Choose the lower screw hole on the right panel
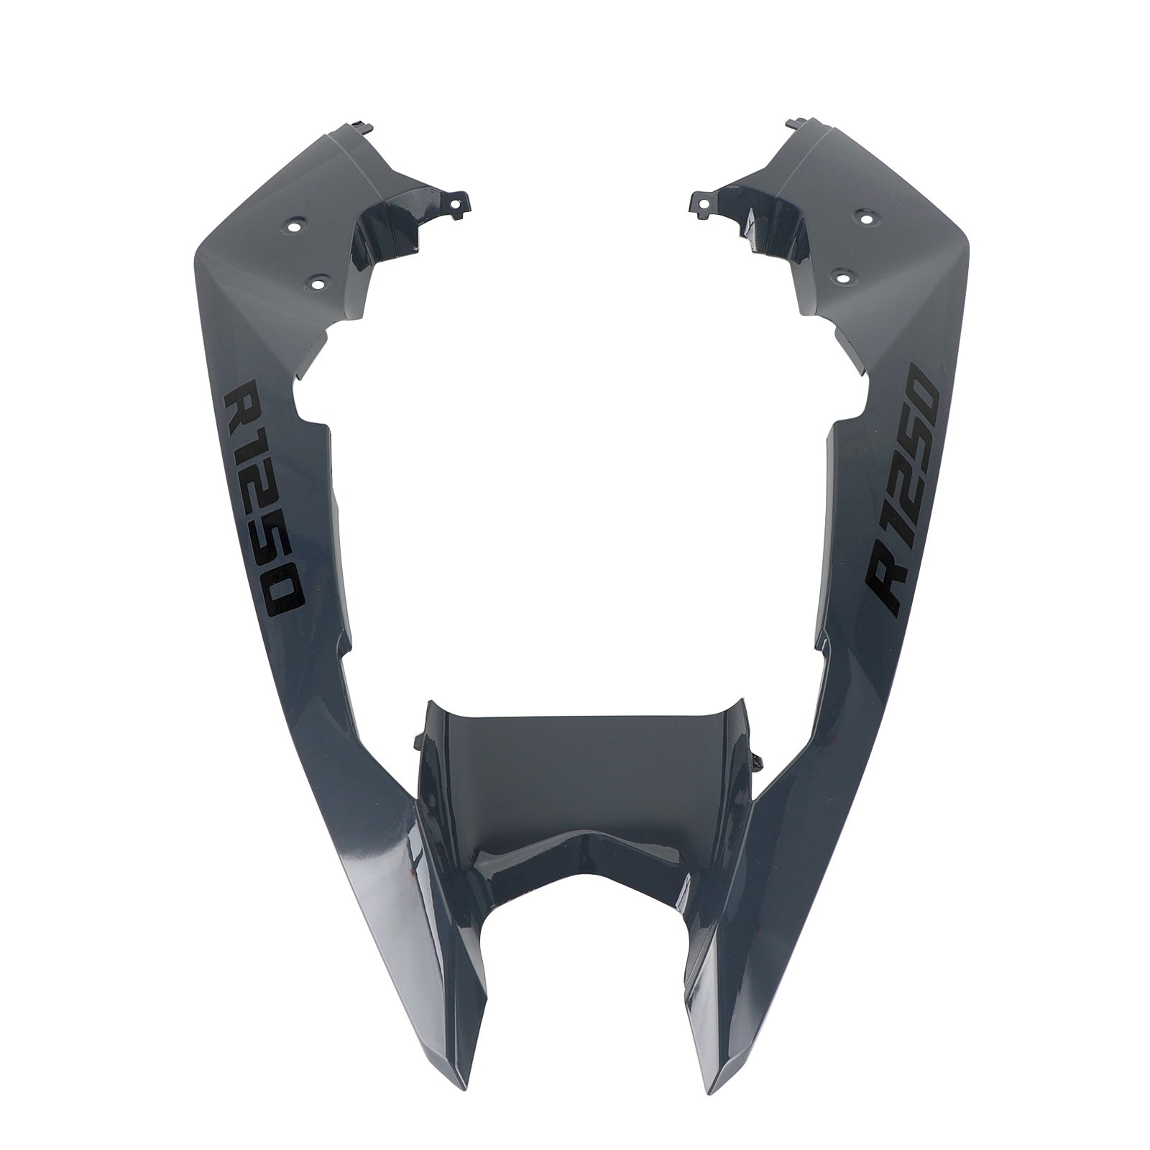842,273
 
